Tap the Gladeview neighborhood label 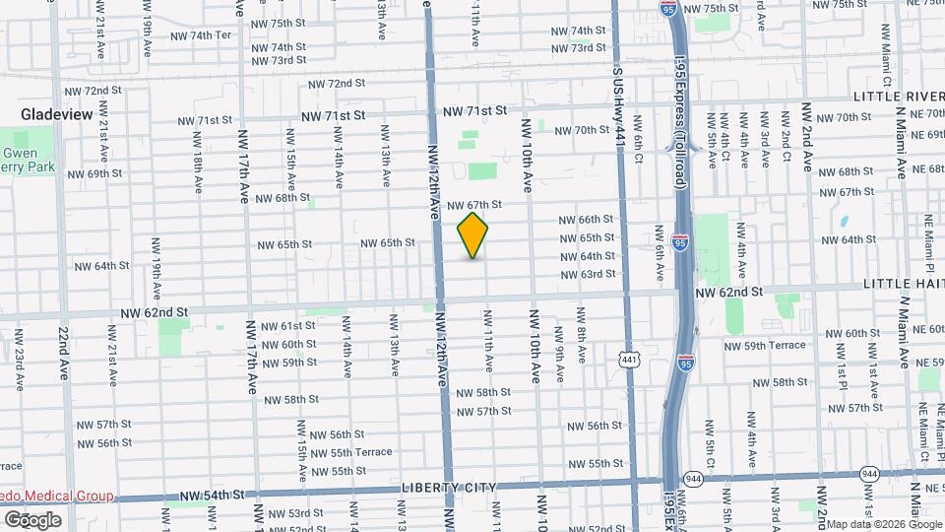tap(57, 115)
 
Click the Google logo tap(31, 520)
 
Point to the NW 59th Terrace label tap(764, 346)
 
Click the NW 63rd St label tap(589, 274)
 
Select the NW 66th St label tap(588, 220)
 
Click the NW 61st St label tap(283, 326)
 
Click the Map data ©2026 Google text tap(882, 523)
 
